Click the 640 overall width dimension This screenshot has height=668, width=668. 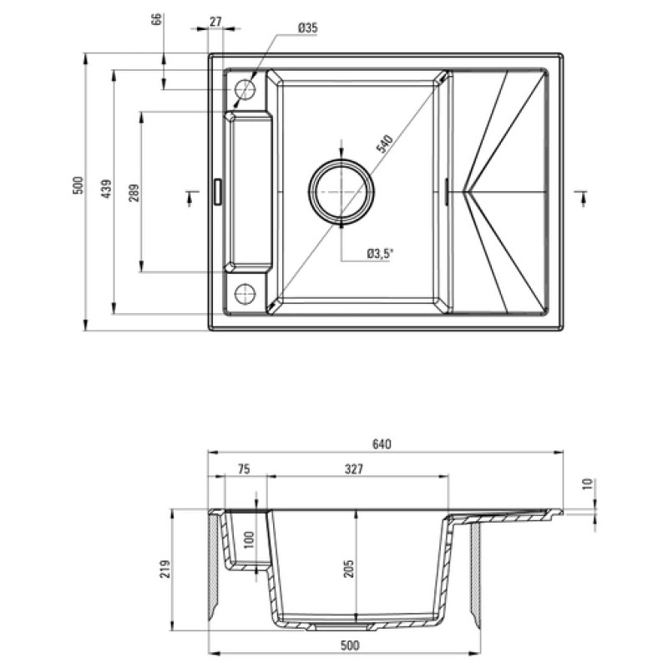pos(382,443)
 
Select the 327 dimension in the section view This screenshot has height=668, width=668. pos(353,469)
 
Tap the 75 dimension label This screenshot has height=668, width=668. pos(243,469)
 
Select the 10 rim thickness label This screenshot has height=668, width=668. pos(587,483)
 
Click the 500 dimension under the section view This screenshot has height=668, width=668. pos(349,645)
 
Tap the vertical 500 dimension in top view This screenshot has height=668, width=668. pos(77,185)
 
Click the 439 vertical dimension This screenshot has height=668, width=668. pos(105,191)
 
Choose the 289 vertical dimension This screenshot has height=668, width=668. pos(134,192)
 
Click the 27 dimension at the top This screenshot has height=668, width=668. pos(215,22)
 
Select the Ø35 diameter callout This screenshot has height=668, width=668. pos(307,28)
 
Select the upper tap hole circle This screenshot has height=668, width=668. pos(245,89)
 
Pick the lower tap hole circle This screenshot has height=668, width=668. pos(245,293)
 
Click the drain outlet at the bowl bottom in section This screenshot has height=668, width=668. pos(342,622)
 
